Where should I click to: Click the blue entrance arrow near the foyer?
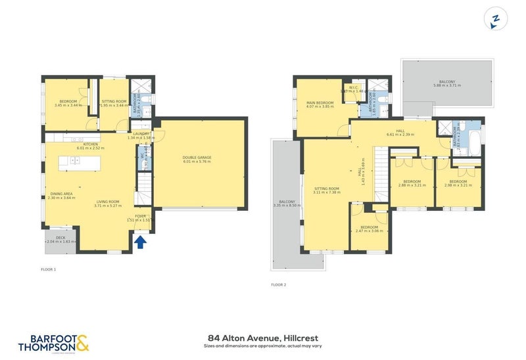pos(139,244)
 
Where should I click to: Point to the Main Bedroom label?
pos(320,103)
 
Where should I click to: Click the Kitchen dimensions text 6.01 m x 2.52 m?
pos(90,148)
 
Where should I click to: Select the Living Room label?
pos(109,202)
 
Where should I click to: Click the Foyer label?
pos(139,215)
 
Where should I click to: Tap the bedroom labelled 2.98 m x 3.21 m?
pos(459,181)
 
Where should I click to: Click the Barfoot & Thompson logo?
pos(53,343)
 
